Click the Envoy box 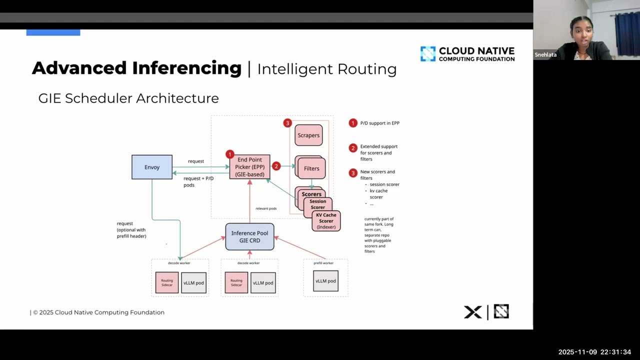(x=152, y=167)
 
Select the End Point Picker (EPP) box (x=249, y=167)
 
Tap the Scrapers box (x=308, y=135)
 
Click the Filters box (x=311, y=168)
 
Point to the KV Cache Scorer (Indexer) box (x=326, y=221)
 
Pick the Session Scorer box (x=317, y=204)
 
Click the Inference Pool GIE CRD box (x=249, y=236)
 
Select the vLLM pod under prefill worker (x=325, y=281)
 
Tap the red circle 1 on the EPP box (x=229, y=154)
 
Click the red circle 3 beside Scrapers (x=287, y=123)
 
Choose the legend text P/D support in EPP (x=379, y=123)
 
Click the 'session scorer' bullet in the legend (x=384, y=184)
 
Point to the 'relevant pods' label (x=266, y=208)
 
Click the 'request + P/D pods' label (x=198, y=181)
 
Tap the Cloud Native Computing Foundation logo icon (x=428, y=54)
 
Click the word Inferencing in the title (x=186, y=68)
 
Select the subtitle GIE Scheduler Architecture (x=128, y=98)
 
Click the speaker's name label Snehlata (x=545, y=55)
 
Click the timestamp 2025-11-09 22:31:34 (x=594, y=352)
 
